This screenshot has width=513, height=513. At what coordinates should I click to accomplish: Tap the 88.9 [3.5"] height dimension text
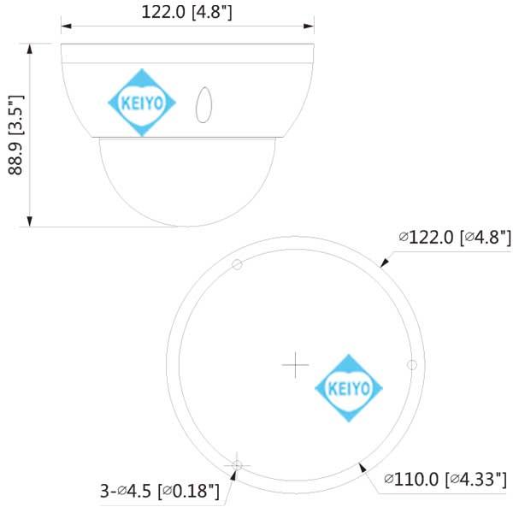[16, 135]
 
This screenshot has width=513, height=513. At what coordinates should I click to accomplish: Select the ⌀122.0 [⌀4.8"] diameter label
[455, 236]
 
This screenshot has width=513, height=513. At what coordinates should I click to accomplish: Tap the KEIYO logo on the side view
[142, 103]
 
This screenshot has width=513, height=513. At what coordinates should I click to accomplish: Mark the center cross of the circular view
[295, 364]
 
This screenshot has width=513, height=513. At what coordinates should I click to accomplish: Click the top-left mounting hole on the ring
[238, 264]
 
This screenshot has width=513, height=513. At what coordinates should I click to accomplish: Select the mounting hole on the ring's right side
[411, 364]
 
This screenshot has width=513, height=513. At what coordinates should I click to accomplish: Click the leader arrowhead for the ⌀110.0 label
[363, 466]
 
